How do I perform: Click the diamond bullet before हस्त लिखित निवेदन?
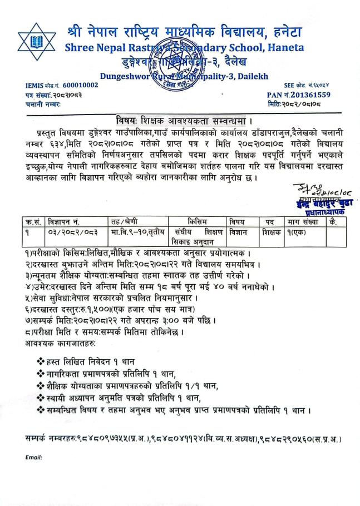[x=39, y=347]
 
